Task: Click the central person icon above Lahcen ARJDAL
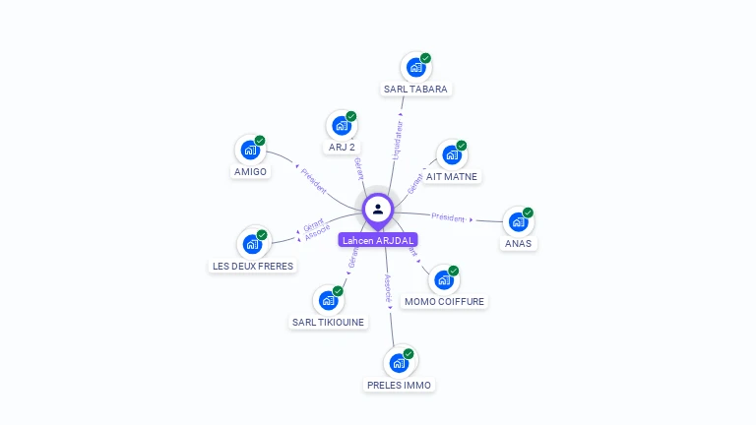(378, 209)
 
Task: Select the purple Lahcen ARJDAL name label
(378, 240)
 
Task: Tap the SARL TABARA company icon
(415, 68)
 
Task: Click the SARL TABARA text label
(415, 89)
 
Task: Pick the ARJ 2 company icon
(341, 126)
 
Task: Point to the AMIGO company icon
(250, 151)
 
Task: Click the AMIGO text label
(250, 172)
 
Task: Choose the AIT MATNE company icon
(451, 155)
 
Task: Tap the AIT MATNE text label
(452, 177)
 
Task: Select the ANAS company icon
(518, 222)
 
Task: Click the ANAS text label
(518, 243)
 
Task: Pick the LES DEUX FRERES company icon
(252, 244)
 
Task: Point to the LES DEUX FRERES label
(253, 266)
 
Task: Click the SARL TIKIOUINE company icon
(328, 300)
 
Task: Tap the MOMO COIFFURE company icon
(444, 280)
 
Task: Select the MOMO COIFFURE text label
(445, 302)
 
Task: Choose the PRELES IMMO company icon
(399, 363)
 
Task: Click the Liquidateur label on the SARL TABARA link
(398, 140)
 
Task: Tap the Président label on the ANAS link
(449, 216)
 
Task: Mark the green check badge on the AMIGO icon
(260, 141)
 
